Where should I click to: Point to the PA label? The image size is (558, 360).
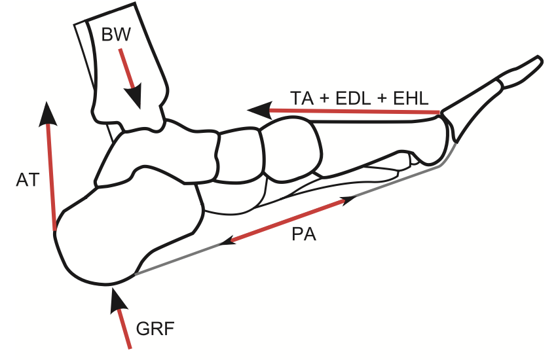[x=304, y=235]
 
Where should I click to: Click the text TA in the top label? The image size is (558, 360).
[x=302, y=99]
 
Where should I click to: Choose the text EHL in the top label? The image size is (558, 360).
[x=408, y=99]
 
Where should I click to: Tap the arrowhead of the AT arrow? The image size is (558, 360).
[x=46, y=114]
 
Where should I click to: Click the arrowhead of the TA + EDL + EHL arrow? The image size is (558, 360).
[x=259, y=109]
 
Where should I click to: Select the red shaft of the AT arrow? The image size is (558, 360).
[x=50, y=177]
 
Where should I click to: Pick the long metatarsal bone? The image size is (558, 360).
[x=373, y=141]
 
